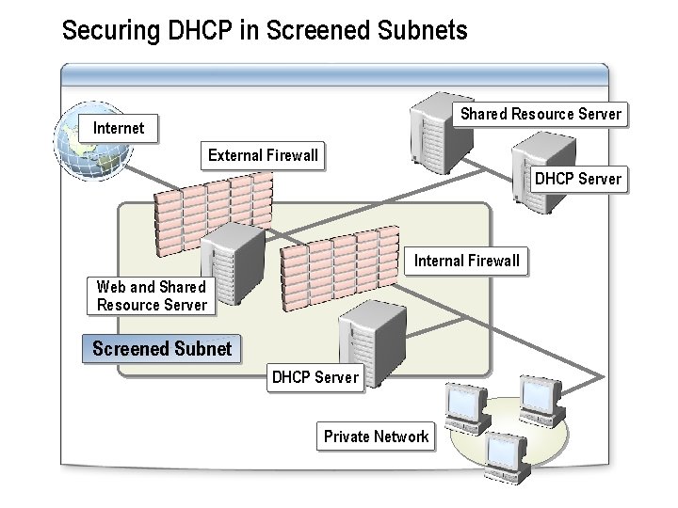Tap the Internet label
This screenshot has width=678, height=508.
point(119,127)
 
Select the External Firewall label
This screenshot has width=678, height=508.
point(263,155)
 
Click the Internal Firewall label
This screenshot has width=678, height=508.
point(466,261)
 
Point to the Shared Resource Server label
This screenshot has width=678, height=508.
point(541,114)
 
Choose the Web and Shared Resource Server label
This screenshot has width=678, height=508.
point(152,295)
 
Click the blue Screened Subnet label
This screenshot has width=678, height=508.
point(161,349)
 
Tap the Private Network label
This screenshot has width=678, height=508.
point(376,436)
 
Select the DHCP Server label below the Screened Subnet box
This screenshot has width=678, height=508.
point(315,377)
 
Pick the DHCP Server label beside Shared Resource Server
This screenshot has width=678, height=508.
point(577,179)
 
